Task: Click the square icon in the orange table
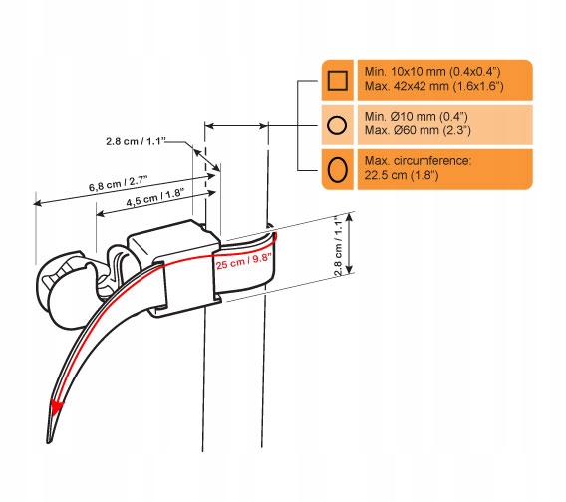[x=338, y=80]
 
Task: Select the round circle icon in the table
[x=337, y=125]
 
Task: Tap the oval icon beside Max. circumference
[x=338, y=169]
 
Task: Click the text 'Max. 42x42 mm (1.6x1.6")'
[x=433, y=86]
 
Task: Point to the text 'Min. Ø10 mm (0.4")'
[x=416, y=117]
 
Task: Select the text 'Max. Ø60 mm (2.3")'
[x=418, y=130]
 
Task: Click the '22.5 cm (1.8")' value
[x=401, y=175]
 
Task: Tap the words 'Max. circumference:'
[x=418, y=161]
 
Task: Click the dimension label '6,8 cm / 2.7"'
[x=118, y=183]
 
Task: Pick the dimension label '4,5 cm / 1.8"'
[x=155, y=198]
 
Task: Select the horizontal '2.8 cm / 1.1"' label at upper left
[x=136, y=141]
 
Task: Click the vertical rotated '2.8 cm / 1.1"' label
[x=338, y=246]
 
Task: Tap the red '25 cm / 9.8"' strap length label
[x=244, y=261]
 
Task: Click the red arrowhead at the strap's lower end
[x=57, y=407]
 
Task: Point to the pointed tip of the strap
[x=48, y=441]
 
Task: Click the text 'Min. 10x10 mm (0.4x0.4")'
[x=432, y=72]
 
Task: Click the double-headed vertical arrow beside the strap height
[x=349, y=243]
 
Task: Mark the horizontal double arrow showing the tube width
[x=236, y=125]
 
